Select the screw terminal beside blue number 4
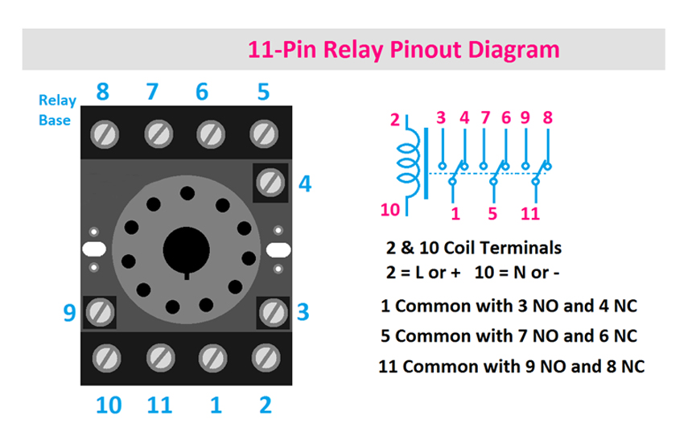(270, 183)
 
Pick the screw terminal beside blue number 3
(272, 310)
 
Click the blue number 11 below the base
(160, 405)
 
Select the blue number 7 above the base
(152, 92)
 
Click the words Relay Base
(57, 110)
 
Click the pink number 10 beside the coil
(389, 211)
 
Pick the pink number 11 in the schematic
(529, 215)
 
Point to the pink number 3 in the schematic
(440, 117)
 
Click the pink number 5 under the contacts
(492, 215)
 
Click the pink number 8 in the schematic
(548, 117)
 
